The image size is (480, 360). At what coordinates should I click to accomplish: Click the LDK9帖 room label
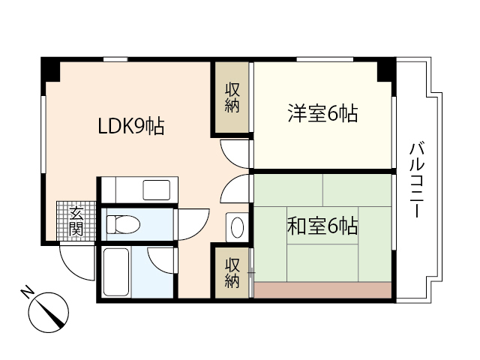(x=131, y=125)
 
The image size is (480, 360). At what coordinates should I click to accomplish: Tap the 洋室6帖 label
(x=322, y=114)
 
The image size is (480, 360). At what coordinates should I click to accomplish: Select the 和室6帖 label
(x=322, y=226)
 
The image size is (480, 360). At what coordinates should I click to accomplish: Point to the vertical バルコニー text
(x=414, y=180)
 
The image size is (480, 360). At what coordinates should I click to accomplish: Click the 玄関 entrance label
(x=76, y=221)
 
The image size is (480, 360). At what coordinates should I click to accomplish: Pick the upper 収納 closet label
(x=232, y=97)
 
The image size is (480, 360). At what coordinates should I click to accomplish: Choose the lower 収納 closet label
(x=232, y=272)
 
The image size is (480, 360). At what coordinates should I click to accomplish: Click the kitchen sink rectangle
(x=157, y=190)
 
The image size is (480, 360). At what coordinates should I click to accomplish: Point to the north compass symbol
(x=52, y=310)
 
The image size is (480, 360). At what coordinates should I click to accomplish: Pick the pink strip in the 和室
(x=323, y=290)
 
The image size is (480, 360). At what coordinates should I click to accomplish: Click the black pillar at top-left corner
(x=50, y=70)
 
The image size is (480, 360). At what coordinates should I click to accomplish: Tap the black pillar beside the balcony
(x=385, y=70)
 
